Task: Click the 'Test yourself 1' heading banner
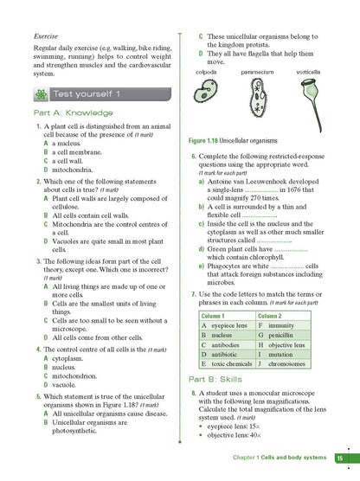tap(91, 93)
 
